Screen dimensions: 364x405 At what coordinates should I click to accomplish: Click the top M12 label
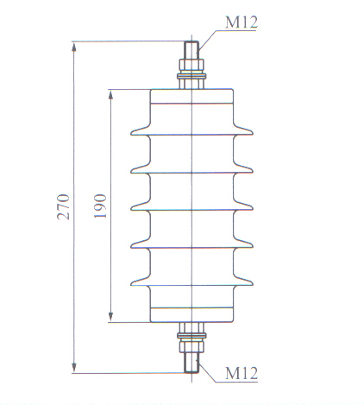point(242,22)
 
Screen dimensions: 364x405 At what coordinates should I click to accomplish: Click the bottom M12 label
point(242,373)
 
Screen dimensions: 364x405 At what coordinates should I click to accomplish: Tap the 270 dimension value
point(64,207)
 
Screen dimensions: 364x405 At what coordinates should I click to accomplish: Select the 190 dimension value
point(100,206)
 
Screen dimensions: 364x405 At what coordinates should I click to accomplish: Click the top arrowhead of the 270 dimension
point(74,47)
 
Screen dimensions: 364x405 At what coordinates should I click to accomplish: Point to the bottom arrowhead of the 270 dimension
point(74,367)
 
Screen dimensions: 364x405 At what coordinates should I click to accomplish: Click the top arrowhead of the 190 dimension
point(110,94)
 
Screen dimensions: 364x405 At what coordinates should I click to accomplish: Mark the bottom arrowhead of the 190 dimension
point(110,317)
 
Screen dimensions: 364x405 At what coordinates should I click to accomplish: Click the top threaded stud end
point(191,50)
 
